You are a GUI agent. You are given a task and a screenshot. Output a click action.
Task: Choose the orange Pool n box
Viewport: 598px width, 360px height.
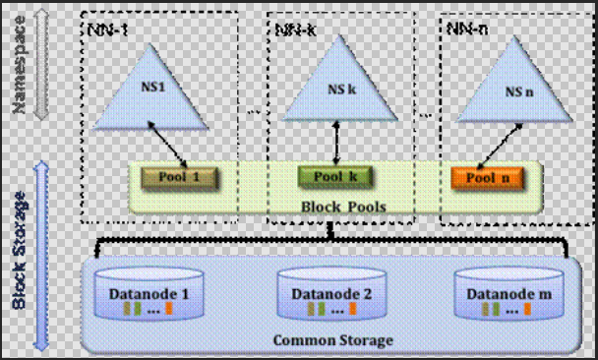(490, 178)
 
